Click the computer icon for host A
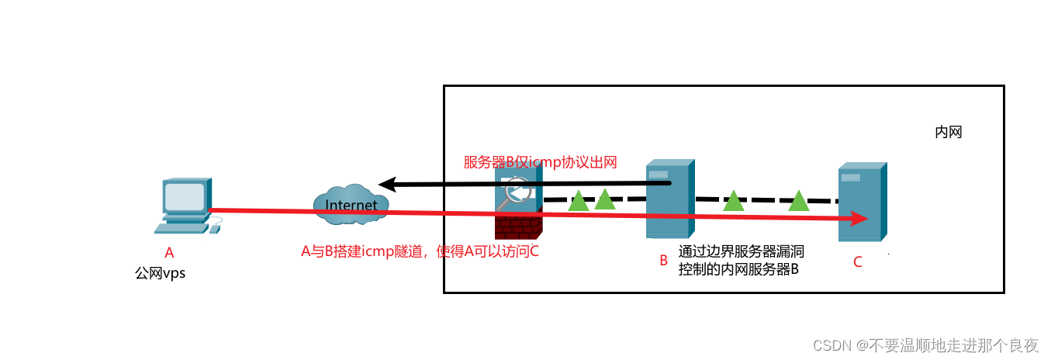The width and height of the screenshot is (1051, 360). [185, 204]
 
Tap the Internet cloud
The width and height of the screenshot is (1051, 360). [351, 205]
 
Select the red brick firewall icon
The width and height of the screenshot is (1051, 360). [518, 226]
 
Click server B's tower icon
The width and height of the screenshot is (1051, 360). [669, 199]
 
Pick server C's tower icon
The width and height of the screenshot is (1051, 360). [861, 201]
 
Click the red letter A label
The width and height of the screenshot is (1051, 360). [169, 252]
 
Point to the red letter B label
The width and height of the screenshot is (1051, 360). [663, 261]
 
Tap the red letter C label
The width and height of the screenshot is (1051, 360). [857, 262]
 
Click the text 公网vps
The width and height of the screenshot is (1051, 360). [161, 273]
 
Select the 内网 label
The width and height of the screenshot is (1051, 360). [948, 133]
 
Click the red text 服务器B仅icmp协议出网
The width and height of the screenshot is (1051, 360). [540, 162]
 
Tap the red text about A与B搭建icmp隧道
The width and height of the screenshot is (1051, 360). [419, 251]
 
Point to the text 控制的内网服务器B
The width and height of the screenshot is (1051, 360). [738, 269]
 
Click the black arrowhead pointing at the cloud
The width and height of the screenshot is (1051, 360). [387, 185]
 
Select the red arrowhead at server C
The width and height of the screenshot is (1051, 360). [858, 219]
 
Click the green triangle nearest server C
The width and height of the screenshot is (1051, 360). [798, 201]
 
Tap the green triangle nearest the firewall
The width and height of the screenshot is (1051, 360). [578, 201]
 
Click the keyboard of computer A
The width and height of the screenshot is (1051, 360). [182, 228]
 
